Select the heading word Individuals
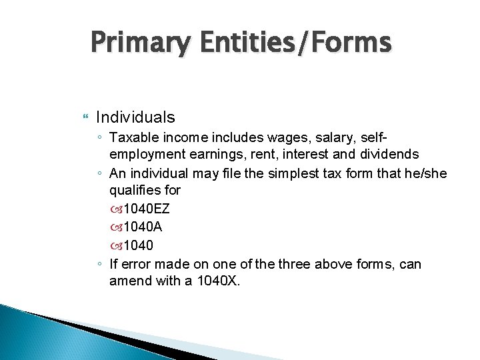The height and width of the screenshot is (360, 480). point(136,117)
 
